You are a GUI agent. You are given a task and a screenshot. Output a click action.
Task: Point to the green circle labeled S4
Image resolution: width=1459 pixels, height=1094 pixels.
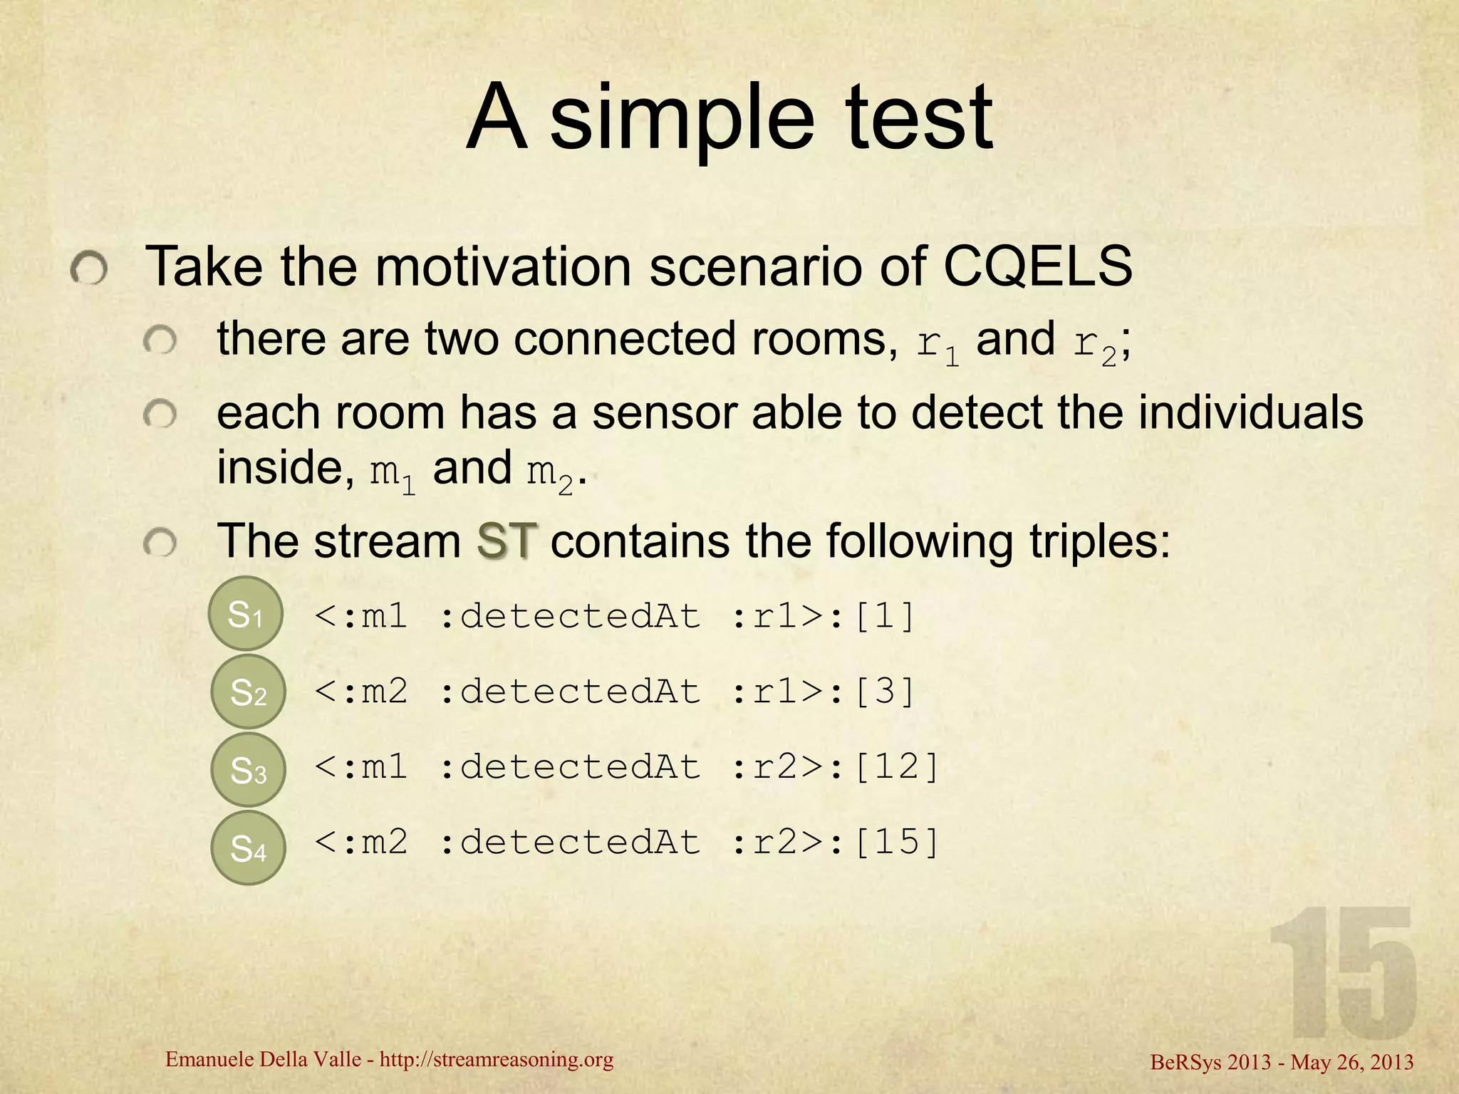(x=248, y=848)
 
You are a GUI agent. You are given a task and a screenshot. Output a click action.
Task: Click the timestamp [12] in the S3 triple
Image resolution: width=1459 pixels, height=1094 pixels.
(x=896, y=767)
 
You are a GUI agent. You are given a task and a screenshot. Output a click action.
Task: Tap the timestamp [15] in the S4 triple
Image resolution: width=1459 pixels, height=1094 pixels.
(x=896, y=843)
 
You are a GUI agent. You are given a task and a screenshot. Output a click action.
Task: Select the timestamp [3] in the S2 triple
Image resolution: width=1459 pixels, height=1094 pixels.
(x=884, y=692)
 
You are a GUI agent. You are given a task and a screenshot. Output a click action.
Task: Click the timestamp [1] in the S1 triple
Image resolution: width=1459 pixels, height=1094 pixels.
(x=884, y=616)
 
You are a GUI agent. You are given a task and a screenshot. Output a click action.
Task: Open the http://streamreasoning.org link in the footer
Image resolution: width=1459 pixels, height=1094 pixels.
(x=497, y=1061)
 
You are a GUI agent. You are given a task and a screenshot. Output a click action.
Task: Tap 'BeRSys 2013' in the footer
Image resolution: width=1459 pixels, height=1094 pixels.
(x=1210, y=1063)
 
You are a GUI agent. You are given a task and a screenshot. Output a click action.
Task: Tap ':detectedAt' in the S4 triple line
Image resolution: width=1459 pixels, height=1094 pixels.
(x=570, y=843)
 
